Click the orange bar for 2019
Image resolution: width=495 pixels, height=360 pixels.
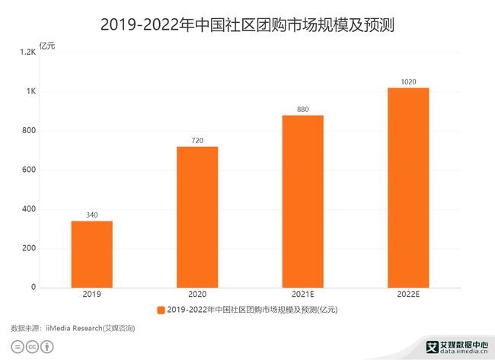91,254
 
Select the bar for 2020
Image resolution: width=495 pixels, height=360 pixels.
197,217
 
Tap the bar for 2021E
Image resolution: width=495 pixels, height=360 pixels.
303,202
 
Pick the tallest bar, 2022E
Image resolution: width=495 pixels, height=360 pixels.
408,188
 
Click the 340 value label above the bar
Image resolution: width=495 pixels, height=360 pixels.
91,215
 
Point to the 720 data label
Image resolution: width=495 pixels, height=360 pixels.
197,141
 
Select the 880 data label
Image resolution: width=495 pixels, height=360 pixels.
303,110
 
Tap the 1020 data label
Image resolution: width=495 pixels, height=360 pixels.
408,82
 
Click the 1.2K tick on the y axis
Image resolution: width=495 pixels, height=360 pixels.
28,53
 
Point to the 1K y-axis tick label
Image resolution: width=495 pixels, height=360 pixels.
31,92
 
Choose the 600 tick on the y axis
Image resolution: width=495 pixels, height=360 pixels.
29,170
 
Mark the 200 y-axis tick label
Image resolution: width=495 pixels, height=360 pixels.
29,249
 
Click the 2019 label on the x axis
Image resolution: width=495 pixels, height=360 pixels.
91,294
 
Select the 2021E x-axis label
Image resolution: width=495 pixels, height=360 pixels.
303,294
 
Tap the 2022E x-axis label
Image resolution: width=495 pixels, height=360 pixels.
408,294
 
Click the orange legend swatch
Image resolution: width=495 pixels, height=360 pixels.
161,310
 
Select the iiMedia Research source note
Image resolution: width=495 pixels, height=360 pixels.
73,328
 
